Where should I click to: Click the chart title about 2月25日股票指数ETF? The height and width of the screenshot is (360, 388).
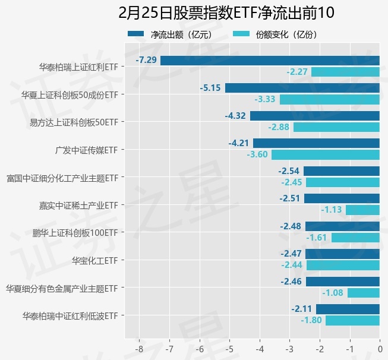226,12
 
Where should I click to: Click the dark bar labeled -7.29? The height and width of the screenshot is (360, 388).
270,60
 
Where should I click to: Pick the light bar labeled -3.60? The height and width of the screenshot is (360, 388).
326,154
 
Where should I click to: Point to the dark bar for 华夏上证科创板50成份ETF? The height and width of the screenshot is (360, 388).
302,88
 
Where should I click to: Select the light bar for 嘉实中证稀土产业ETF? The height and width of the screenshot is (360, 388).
362,210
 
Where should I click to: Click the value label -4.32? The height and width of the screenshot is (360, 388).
235,115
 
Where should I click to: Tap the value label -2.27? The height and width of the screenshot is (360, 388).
297,72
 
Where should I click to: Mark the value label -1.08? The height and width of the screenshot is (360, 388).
333,293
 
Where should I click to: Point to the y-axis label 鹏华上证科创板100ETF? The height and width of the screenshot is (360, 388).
75,233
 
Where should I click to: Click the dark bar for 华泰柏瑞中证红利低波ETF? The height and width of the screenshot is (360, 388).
348,309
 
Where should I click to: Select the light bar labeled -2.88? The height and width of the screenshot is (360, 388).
336,127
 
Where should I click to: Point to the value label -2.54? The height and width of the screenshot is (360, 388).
290,171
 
